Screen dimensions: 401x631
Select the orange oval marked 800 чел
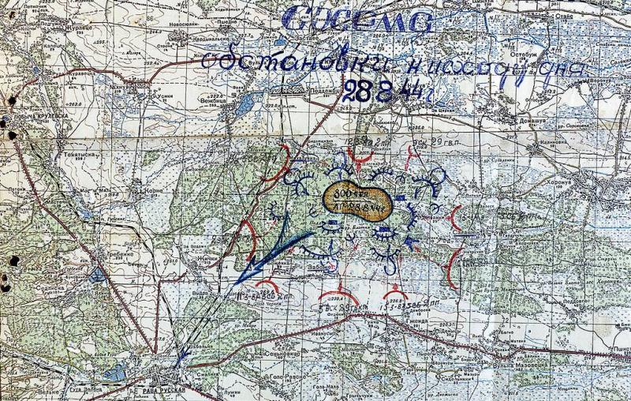[354, 202]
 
